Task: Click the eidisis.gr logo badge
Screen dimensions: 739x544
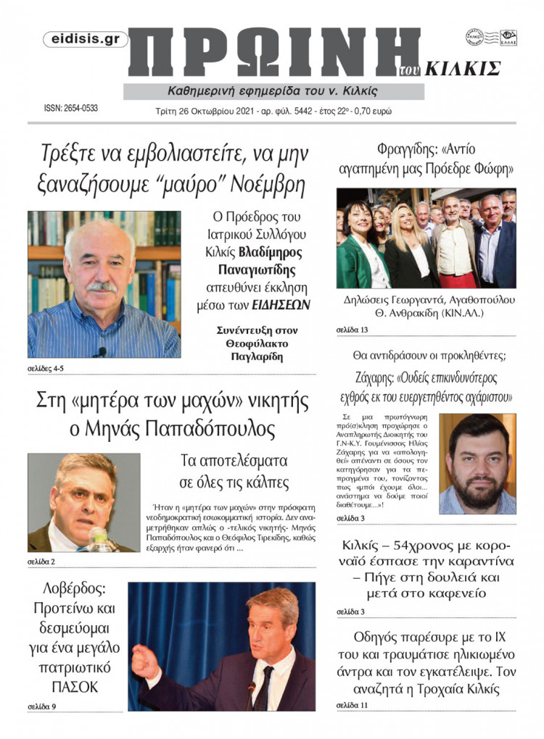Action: point(86,40)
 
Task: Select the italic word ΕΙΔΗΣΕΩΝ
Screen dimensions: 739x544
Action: point(280,304)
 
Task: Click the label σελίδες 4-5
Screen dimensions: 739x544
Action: point(46,369)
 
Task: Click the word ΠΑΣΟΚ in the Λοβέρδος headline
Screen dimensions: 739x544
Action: point(74,686)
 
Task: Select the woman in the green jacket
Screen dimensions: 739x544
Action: point(358,250)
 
